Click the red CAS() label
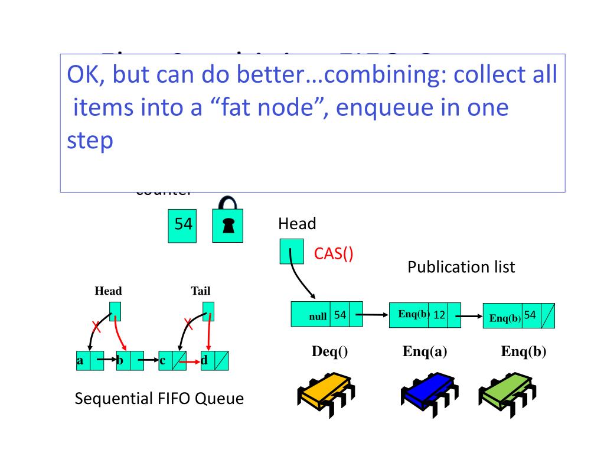333,254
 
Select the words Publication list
461,267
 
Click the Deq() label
329,351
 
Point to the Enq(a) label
425,351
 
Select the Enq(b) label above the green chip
523,351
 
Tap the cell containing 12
439,315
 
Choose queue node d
208,360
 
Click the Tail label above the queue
200,291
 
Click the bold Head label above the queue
108,291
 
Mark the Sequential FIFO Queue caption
159,399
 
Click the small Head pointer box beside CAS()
291,251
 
